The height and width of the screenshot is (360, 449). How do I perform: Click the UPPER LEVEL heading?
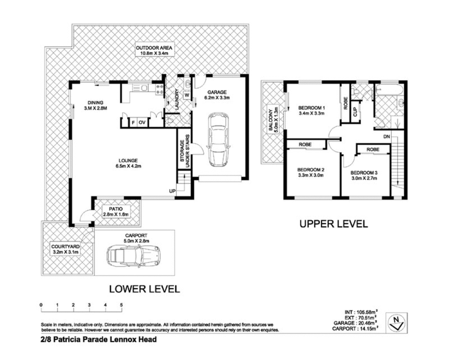[x=333, y=224]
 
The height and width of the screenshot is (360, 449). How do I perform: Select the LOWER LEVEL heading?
[x=144, y=289]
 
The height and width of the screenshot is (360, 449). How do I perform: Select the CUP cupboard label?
[x=355, y=112]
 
